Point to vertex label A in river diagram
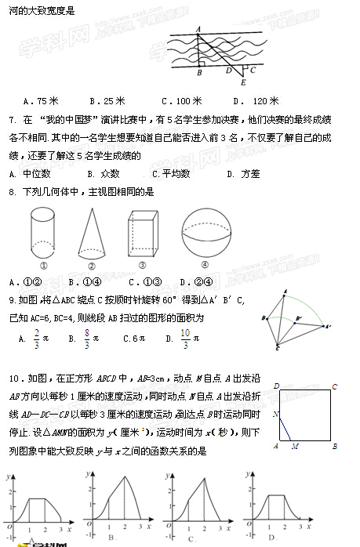coord(198,29)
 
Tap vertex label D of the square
coord(276,385)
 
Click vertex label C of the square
coord(335,385)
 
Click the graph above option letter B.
coord(115,502)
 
